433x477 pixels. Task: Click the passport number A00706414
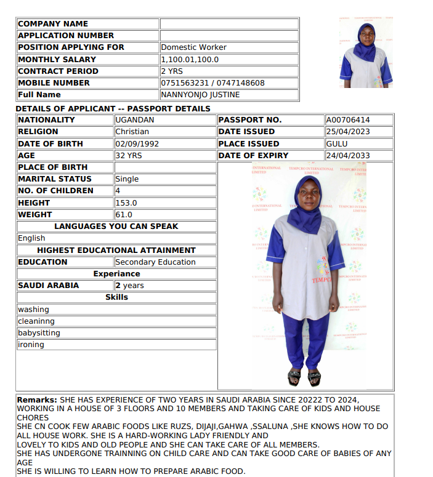pyautogui.click(x=348, y=120)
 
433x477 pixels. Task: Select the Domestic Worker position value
pyautogui.click(x=193, y=47)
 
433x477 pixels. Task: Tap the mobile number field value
pyautogui.click(x=212, y=83)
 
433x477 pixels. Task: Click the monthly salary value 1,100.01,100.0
pyautogui.click(x=190, y=60)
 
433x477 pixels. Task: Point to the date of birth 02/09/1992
pyautogui.click(x=133, y=143)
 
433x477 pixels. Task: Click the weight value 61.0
pyautogui.click(x=124, y=215)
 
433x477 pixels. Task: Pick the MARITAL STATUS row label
pyautogui.click(x=55, y=179)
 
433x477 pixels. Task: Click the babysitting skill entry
pyautogui.click(x=39, y=333)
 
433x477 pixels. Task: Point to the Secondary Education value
pyautogui.click(x=155, y=262)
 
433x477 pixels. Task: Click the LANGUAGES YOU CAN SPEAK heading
pyautogui.click(x=116, y=226)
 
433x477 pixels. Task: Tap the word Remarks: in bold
pyautogui.click(x=36, y=400)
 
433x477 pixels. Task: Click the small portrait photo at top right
pyautogui.click(x=366, y=53)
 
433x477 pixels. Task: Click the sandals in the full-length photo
pyautogui.click(x=304, y=376)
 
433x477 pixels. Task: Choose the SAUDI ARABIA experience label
pyautogui.click(x=49, y=286)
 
